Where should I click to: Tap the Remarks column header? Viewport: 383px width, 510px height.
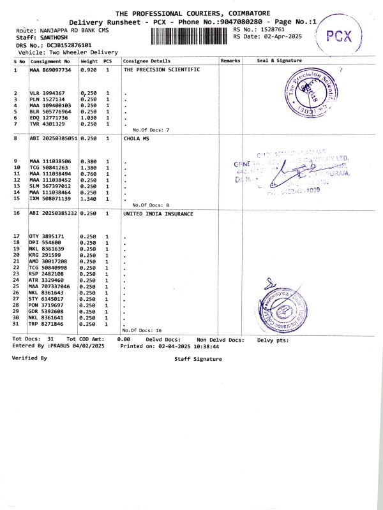coord(230,61)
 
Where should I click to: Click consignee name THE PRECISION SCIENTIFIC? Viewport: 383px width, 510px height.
coord(161,69)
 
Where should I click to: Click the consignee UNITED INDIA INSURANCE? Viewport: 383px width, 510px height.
coord(158,214)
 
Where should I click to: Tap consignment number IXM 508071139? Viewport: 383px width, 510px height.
coord(53,198)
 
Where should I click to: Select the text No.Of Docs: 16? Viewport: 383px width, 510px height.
coord(142,330)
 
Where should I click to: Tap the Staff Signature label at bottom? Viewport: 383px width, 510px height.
coord(198,359)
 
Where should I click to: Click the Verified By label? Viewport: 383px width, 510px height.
coord(29,358)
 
